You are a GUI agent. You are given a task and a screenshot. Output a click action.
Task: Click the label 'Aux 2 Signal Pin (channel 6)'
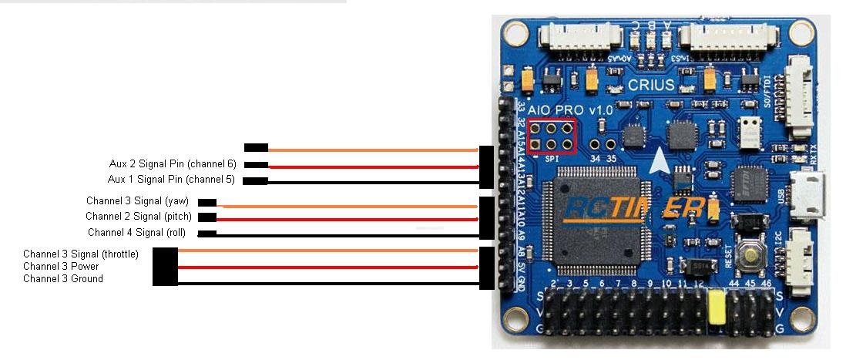click(172, 164)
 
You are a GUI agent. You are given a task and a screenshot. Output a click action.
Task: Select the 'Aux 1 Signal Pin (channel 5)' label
click(171, 180)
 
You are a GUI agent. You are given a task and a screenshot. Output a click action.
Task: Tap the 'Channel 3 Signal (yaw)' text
click(137, 201)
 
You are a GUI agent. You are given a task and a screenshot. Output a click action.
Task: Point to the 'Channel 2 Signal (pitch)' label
click(139, 217)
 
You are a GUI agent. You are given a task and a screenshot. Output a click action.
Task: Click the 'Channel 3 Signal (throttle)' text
click(81, 254)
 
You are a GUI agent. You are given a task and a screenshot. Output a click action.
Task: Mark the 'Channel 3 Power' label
click(61, 266)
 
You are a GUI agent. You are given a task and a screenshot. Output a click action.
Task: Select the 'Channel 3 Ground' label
click(63, 278)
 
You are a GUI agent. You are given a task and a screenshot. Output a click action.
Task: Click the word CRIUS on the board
click(651, 85)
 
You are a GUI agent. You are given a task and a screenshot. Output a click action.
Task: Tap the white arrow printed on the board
click(659, 161)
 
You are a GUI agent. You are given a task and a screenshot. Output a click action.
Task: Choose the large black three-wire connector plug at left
click(165, 266)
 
